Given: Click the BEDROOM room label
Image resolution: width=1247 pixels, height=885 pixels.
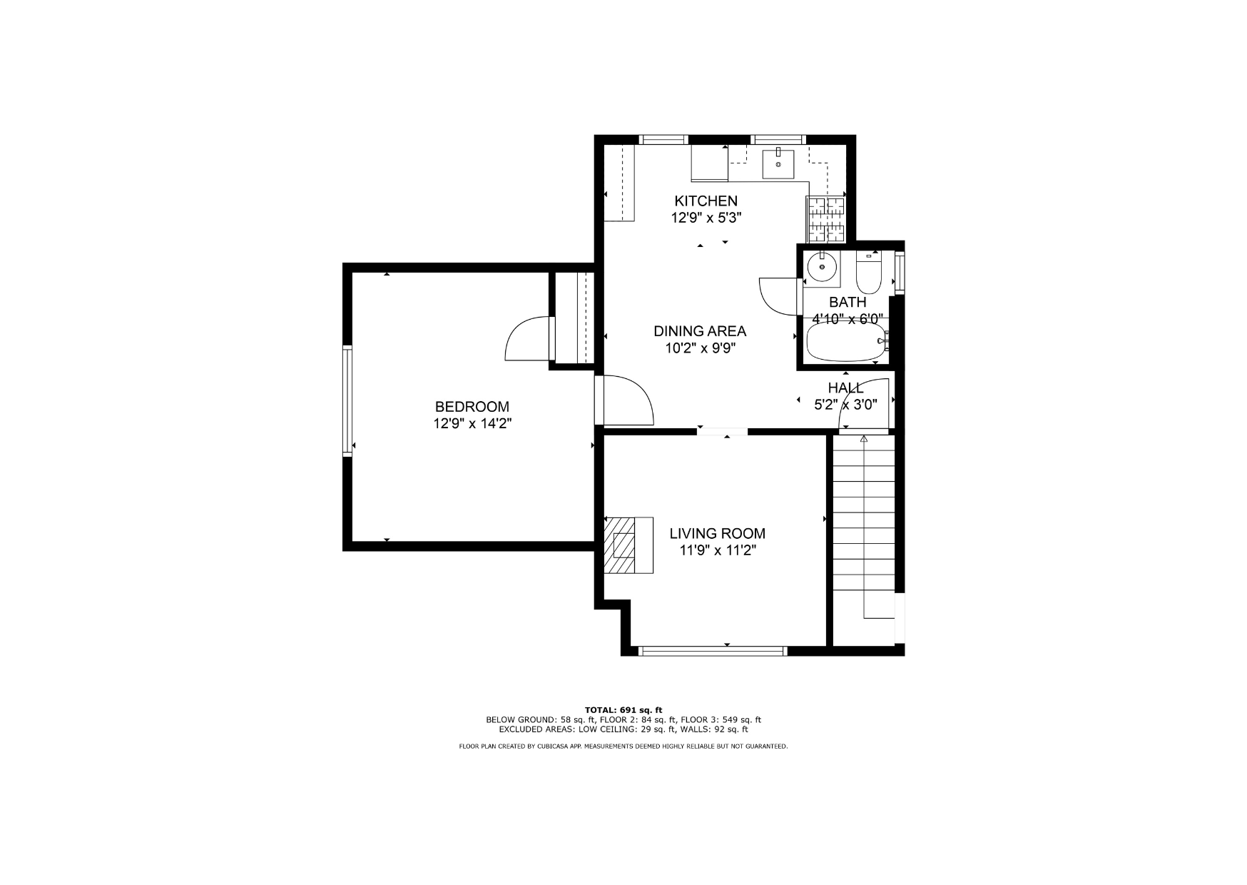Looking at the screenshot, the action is click(472, 407).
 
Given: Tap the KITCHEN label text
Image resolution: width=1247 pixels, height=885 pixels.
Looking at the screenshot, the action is click(706, 201).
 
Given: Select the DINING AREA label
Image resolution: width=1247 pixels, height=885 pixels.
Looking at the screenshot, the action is click(700, 331).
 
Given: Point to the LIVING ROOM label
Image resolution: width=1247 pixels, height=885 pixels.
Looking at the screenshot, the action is click(717, 533).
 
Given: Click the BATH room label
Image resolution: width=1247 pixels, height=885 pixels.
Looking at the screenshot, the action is click(848, 302).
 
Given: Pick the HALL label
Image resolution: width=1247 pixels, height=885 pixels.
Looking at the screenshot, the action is click(845, 388).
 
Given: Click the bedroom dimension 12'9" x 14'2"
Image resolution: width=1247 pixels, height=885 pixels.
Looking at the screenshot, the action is click(472, 424).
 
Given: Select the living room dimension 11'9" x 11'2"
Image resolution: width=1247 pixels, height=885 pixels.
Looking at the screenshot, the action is click(717, 550).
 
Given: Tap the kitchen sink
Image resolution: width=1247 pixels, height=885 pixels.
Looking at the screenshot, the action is click(778, 163).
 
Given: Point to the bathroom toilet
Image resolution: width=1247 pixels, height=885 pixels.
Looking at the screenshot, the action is click(870, 273).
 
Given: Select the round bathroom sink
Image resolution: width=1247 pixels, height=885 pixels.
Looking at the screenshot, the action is click(821, 267).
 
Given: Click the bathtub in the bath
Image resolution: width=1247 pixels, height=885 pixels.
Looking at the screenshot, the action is click(847, 343).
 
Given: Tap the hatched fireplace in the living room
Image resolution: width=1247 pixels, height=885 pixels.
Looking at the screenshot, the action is click(622, 545).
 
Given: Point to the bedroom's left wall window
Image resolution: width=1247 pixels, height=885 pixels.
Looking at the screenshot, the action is click(347, 400).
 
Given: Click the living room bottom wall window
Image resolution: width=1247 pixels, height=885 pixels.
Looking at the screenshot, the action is click(713, 651).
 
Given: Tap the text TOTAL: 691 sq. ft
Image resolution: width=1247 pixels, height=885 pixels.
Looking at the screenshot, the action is click(623, 710).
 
